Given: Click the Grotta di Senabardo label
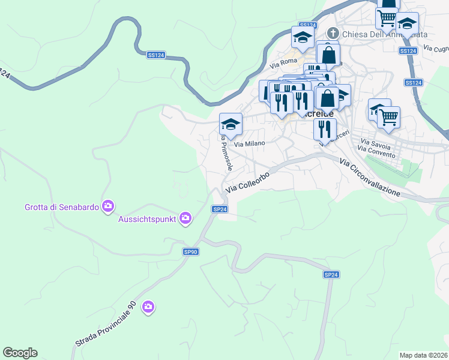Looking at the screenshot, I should [x=62, y=207].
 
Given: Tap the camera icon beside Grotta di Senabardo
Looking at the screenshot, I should [x=108, y=207].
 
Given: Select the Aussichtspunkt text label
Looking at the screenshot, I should [x=146, y=218].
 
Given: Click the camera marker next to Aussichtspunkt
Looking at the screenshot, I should [x=185, y=218].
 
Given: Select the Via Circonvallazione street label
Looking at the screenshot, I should [x=369, y=177].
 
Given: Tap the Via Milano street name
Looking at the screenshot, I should [x=249, y=144].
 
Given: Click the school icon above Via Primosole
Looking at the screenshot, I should [x=231, y=124].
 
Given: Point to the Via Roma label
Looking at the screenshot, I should [x=283, y=62].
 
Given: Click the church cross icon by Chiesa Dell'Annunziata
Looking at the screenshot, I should [x=334, y=34].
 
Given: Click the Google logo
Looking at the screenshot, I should [x=20, y=353].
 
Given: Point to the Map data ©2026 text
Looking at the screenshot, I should [x=424, y=355].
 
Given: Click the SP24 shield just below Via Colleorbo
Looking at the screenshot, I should [x=220, y=209].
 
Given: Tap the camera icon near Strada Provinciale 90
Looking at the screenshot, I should [x=148, y=307].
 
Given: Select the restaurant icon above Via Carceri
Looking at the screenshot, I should [x=324, y=127].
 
